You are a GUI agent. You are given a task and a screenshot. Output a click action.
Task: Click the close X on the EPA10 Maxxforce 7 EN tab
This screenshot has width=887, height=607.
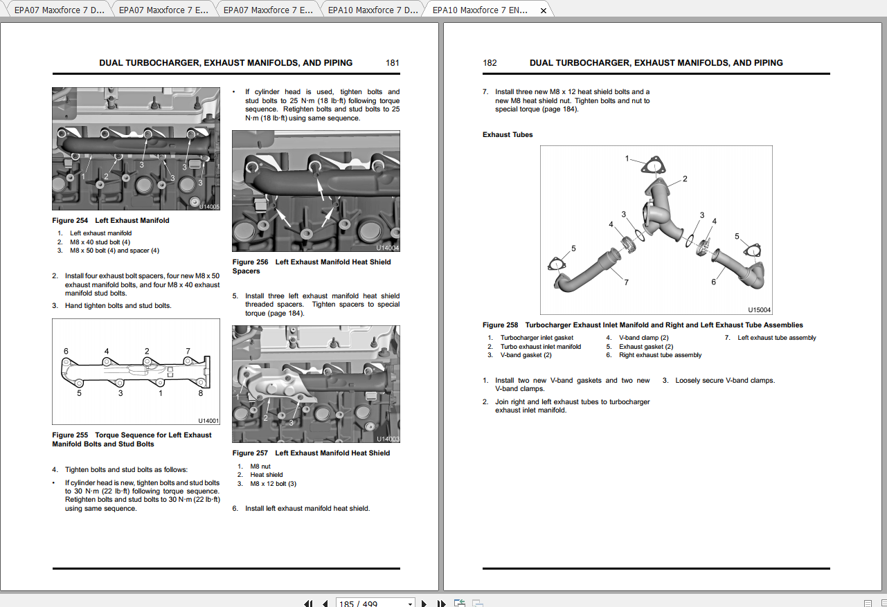pyautogui.click(x=544, y=10)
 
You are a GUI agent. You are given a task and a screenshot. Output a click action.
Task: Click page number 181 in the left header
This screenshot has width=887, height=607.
pyautogui.click(x=393, y=63)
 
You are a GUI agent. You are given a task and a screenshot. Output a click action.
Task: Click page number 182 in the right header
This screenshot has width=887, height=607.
pyautogui.click(x=490, y=63)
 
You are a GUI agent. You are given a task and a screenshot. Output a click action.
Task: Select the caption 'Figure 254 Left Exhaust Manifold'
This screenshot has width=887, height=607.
pyautogui.click(x=111, y=221)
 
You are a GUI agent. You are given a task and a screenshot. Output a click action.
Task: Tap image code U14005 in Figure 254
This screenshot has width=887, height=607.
pyautogui.click(x=208, y=206)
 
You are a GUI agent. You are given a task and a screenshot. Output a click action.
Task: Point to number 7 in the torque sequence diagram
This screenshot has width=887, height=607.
pyautogui.click(x=188, y=352)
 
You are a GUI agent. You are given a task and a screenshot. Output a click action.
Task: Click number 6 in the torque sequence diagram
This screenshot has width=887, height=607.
pyautogui.click(x=66, y=352)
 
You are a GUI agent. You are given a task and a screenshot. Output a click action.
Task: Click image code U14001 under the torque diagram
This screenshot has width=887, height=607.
pyautogui.click(x=208, y=421)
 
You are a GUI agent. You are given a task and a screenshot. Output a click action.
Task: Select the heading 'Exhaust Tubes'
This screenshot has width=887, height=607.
pyautogui.click(x=508, y=135)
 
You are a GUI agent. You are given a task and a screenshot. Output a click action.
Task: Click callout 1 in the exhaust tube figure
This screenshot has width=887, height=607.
pyautogui.click(x=627, y=158)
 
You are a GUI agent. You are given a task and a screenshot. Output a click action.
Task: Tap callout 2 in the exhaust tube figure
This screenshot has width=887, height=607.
pyautogui.click(x=685, y=179)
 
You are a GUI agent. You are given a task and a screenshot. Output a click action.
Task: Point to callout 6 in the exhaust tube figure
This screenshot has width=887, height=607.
pyautogui.click(x=714, y=282)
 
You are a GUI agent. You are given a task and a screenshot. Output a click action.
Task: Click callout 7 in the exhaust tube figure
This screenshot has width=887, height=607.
pyautogui.click(x=626, y=282)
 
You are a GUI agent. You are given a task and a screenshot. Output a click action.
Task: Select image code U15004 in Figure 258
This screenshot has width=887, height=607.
pyautogui.click(x=760, y=311)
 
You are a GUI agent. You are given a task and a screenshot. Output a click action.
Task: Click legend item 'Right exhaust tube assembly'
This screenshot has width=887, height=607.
pyautogui.click(x=660, y=355)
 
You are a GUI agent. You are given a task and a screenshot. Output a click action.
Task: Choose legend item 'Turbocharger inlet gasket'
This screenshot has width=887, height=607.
pyautogui.click(x=537, y=338)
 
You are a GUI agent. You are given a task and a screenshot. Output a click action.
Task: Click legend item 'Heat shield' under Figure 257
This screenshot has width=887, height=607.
pyautogui.click(x=267, y=475)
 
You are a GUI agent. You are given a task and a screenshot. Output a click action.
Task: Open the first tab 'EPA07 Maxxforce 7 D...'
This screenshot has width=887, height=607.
pyautogui.click(x=59, y=10)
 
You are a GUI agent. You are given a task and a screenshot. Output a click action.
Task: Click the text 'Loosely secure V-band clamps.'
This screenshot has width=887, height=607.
pyautogui.click(x=725, y=381)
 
